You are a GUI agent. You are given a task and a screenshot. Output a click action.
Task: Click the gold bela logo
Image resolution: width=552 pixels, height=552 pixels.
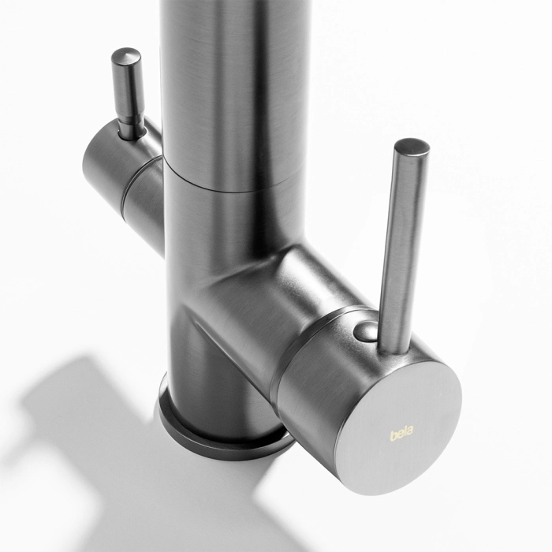click(401, 432)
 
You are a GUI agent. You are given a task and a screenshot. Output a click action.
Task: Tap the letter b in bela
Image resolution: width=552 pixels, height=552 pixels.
click(393, 435)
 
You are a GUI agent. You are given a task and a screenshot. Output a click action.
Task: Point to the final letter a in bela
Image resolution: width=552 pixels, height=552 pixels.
click(411, 430)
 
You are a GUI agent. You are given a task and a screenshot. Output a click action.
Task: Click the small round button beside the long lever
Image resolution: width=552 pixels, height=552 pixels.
click(365, 330)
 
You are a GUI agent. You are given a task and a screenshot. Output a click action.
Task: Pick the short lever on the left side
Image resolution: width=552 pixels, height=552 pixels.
click(128, 92)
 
